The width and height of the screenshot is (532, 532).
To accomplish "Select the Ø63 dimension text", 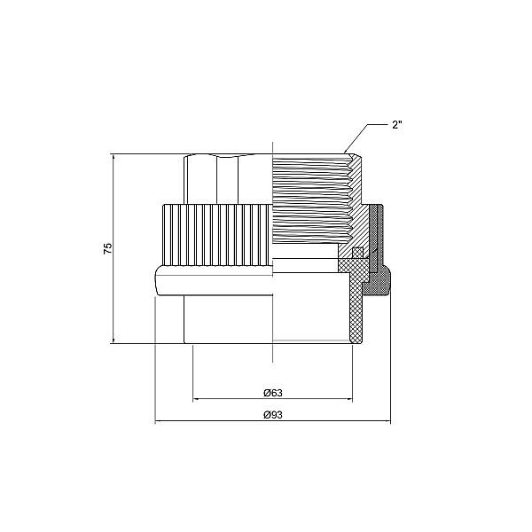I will [x=272, y=391].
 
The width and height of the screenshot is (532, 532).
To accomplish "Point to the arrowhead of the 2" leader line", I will [x=348, y=151].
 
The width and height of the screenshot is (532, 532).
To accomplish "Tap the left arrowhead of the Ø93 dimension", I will [x=158, y=422].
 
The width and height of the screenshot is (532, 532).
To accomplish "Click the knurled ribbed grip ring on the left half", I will [x=217, y=234].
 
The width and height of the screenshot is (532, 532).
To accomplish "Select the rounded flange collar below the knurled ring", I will [x=213, y=280].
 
